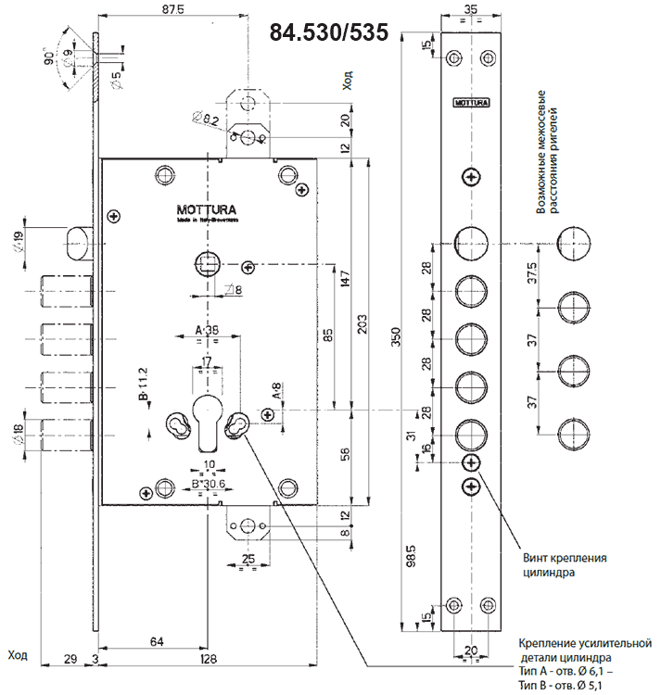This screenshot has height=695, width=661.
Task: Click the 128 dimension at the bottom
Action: [x=209, y=659]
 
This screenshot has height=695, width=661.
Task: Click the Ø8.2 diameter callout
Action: [x=207, y=118]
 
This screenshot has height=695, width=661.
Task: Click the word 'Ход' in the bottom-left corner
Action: [x=18, y=655]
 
